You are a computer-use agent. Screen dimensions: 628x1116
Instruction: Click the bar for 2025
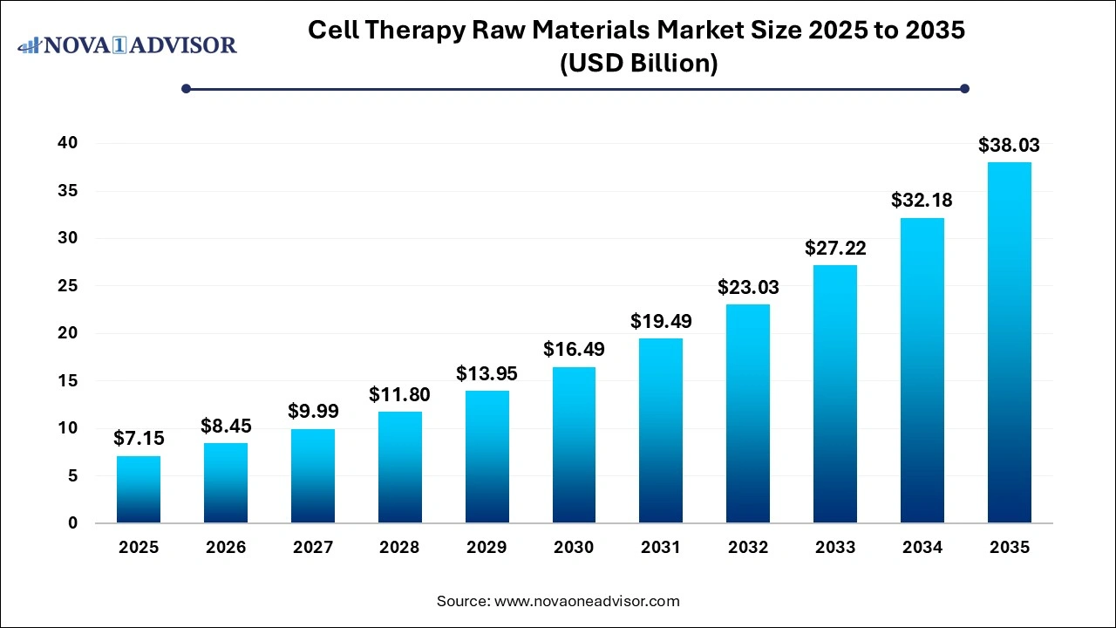(x=139, y=489)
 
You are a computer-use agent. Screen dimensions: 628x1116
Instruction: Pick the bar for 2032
(x=748, y=413)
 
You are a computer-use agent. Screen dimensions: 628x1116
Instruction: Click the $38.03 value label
(x=1009, y=145)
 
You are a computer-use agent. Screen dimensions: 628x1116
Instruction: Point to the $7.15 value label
(x=139, y=439)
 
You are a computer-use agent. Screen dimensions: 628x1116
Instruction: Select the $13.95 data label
(x=487, y=374)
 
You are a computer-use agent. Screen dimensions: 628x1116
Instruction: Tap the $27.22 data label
(x=834, y=248)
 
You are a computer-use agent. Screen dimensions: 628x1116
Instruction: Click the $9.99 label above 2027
(x=313, y=412)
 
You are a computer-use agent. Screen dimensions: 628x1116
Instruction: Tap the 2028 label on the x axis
(x=399, y=548)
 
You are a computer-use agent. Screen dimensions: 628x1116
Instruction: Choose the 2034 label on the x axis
(x=922, y=548)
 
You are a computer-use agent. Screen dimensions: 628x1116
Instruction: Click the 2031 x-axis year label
(x=661, y=548)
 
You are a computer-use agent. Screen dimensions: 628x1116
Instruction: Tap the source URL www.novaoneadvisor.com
(x=587, y=601)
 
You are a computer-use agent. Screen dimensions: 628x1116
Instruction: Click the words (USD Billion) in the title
(x=636, y=64)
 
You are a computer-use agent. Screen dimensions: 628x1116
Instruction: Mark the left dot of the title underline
(x=186, y=88)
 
